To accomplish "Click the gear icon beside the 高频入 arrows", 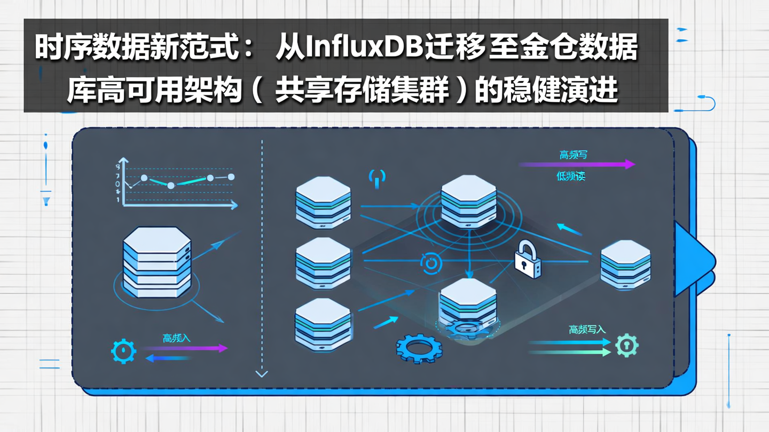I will [x=123, y=351].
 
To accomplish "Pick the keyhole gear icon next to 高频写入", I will [x=627, y=345].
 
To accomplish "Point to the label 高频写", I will [x=574, y=155].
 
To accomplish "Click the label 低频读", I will [x=571, y=176].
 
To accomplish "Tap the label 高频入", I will [x=176, y=338].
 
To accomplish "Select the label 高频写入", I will [x=587, y=329].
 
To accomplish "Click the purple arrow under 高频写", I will [x=577, y=164].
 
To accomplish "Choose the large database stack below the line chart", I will [x=156, y=262].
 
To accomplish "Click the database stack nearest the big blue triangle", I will [x=625, y=265].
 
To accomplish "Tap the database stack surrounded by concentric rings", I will [x=468, y=202].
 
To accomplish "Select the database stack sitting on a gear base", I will [x=467, y=307].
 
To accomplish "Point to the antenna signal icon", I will [x=378, y=178].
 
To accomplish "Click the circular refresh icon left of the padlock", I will [x=431, y=263].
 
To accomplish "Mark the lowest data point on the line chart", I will [x=171, y=186].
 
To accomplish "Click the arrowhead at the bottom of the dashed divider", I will [x=262, y=373].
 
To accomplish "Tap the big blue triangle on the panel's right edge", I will [x=693, y=259].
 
